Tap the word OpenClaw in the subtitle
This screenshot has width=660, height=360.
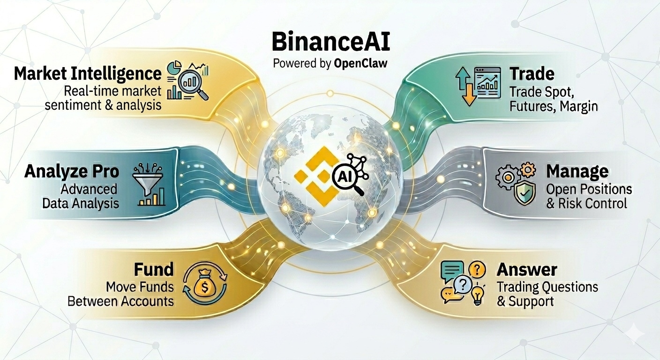[360, 63]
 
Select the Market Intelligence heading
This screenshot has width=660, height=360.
[88, 74]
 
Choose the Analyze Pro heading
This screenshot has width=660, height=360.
[71, 171]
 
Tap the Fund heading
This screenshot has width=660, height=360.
[153, 270]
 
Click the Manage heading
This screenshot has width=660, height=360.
[577, 172]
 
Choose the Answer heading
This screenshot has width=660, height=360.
[527, 270]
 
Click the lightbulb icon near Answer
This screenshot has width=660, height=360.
[477, 295]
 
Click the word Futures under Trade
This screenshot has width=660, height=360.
[528, 106]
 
